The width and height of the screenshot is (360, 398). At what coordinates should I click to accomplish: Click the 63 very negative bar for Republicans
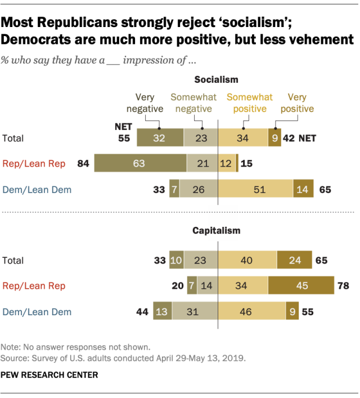click(139, 164)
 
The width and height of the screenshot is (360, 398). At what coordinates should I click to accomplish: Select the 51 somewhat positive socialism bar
click(255, 190)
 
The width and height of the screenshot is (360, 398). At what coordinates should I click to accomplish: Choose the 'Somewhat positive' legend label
click(250, 102)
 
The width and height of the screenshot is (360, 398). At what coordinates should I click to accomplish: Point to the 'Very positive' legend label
click(301, 102)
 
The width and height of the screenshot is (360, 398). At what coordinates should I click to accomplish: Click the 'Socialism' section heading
click(217, 80)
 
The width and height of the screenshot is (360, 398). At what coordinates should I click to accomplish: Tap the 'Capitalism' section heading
click(217, 230)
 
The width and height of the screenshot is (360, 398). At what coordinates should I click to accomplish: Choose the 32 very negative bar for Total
click(160, 138)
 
